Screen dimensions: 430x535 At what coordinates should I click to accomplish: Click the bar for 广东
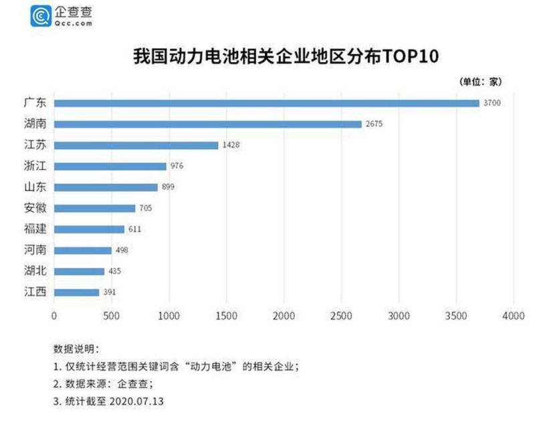[266, 103]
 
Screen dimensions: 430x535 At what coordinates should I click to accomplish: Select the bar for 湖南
[207, 124]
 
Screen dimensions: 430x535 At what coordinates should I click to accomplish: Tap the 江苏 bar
[136, 145]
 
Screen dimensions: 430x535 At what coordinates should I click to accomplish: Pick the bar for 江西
[76, 292]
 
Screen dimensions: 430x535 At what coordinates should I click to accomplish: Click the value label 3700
[492, 103]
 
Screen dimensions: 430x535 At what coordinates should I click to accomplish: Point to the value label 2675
[374, 124]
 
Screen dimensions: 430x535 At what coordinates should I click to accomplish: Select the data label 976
[177, 166]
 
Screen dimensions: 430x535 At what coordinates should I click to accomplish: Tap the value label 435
[115, 272]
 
